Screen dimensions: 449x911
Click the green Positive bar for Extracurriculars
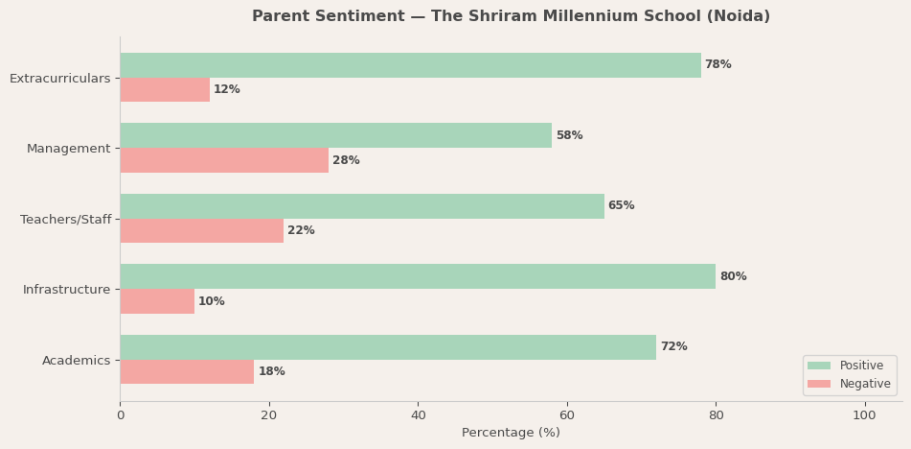[x=410, y=65]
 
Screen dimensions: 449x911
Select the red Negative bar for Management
[x=224, y=160]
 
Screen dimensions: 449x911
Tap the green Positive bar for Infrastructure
[x=418, y=276]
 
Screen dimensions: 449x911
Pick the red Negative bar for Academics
[x=187, y=372]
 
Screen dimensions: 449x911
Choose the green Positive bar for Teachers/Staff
[x=362, y=206]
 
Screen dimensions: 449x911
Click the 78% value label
[x=717, y=65]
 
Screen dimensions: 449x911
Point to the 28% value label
[x=346, y=160]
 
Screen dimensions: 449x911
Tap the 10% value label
[x=211, y=301]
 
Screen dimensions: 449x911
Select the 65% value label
[x=621, y=206]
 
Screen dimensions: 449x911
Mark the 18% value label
[x=271, y=372]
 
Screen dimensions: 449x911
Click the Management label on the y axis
[x=68, y=149]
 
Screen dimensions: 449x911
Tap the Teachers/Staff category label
[x=65, y=220]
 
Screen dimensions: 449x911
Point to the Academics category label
[x=76, y=361]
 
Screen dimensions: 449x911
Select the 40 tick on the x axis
[x=418, y=415]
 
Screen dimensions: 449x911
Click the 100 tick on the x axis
[x=864, y=415]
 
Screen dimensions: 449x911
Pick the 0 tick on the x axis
[x=120, y=415]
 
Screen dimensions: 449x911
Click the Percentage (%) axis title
[x=511, y=433]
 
